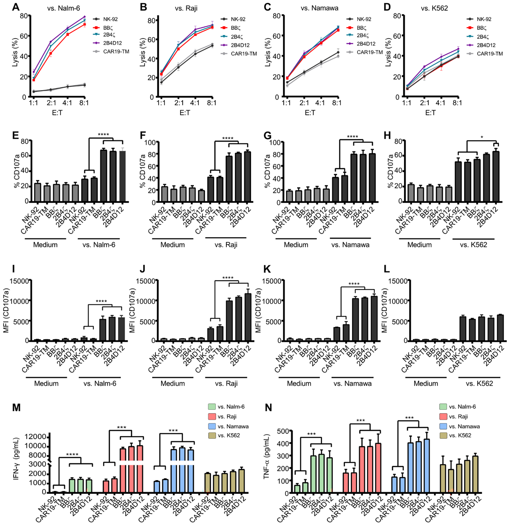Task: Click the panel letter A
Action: pos(16,7)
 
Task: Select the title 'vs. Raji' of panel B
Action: pos(186,8)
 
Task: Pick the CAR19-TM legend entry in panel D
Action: pos(490,54)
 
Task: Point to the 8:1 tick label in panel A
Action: pos(84,103)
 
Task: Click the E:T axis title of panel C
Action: pos(310,113)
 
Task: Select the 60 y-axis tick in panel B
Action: pos(152,40)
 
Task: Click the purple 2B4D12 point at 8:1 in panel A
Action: pos(85,17)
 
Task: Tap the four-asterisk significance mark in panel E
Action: pos(103,134)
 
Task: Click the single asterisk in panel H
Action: pos(482,138)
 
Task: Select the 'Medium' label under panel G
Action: pos(296,244)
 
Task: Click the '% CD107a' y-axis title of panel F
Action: pos(143,171)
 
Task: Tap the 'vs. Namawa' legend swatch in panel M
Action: pos(212,426)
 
